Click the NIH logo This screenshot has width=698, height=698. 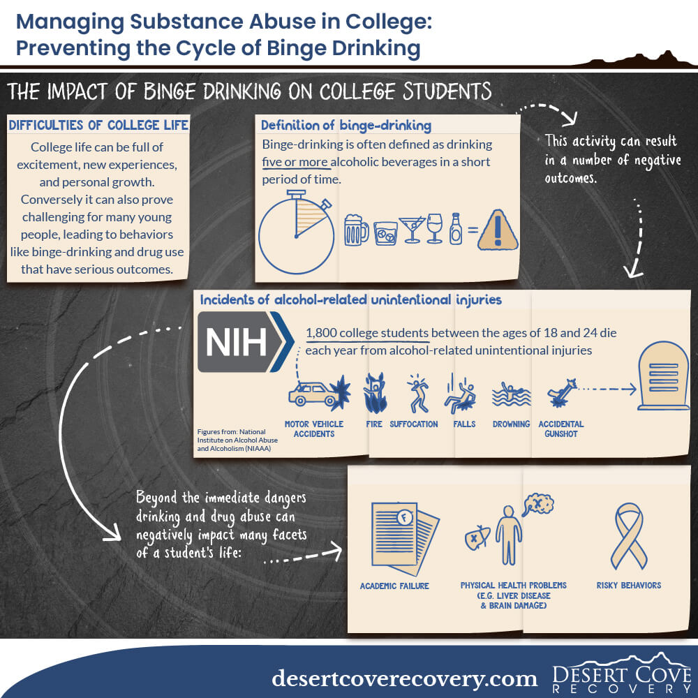[245, 341]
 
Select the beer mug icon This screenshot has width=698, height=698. [356, 230]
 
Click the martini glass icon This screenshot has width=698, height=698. [413, 229]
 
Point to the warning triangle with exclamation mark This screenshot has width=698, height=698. [498, 230]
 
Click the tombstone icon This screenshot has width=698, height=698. [663, 376]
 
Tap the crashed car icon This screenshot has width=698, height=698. [319, 392]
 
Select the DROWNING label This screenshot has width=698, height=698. [511, 424]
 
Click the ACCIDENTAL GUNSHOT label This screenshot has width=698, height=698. [561, 429]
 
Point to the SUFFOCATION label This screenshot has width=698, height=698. [413, 424]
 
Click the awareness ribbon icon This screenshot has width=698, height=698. [629, 536]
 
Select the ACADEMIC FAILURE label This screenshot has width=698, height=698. [394, 586]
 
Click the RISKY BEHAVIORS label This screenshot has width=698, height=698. [629, 586]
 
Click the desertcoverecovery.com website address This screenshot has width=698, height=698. [405, 678]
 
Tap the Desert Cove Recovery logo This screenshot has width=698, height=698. [621, 673]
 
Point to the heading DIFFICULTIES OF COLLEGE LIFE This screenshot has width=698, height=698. [98, 125]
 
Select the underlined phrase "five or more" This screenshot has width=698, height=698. [295, 162]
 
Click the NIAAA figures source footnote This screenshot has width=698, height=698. [237, 440]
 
